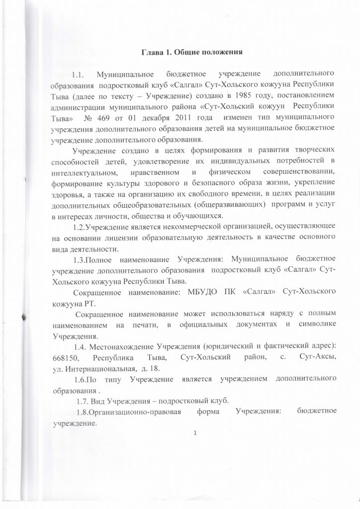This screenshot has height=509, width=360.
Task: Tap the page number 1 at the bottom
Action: [196, 431]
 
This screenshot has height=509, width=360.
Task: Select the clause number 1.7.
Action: [85, 401]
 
